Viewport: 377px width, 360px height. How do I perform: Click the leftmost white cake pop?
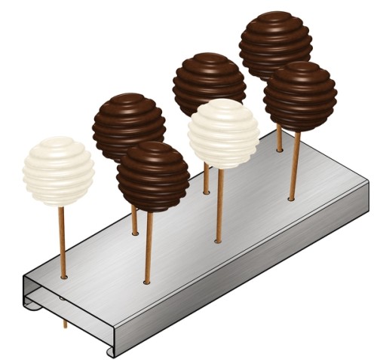click(58, 171)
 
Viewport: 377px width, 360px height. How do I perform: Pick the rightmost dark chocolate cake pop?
click(300, 96)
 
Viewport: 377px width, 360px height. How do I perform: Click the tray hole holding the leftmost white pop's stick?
click(63, 277)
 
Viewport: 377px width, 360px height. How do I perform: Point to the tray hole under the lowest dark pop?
click(148, 283)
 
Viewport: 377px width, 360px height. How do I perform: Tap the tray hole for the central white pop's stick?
click(218, 241)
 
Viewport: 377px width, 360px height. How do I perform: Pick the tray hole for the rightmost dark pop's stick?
click(292, 200)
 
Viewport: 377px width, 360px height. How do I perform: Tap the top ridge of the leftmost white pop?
click(57, 141)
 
